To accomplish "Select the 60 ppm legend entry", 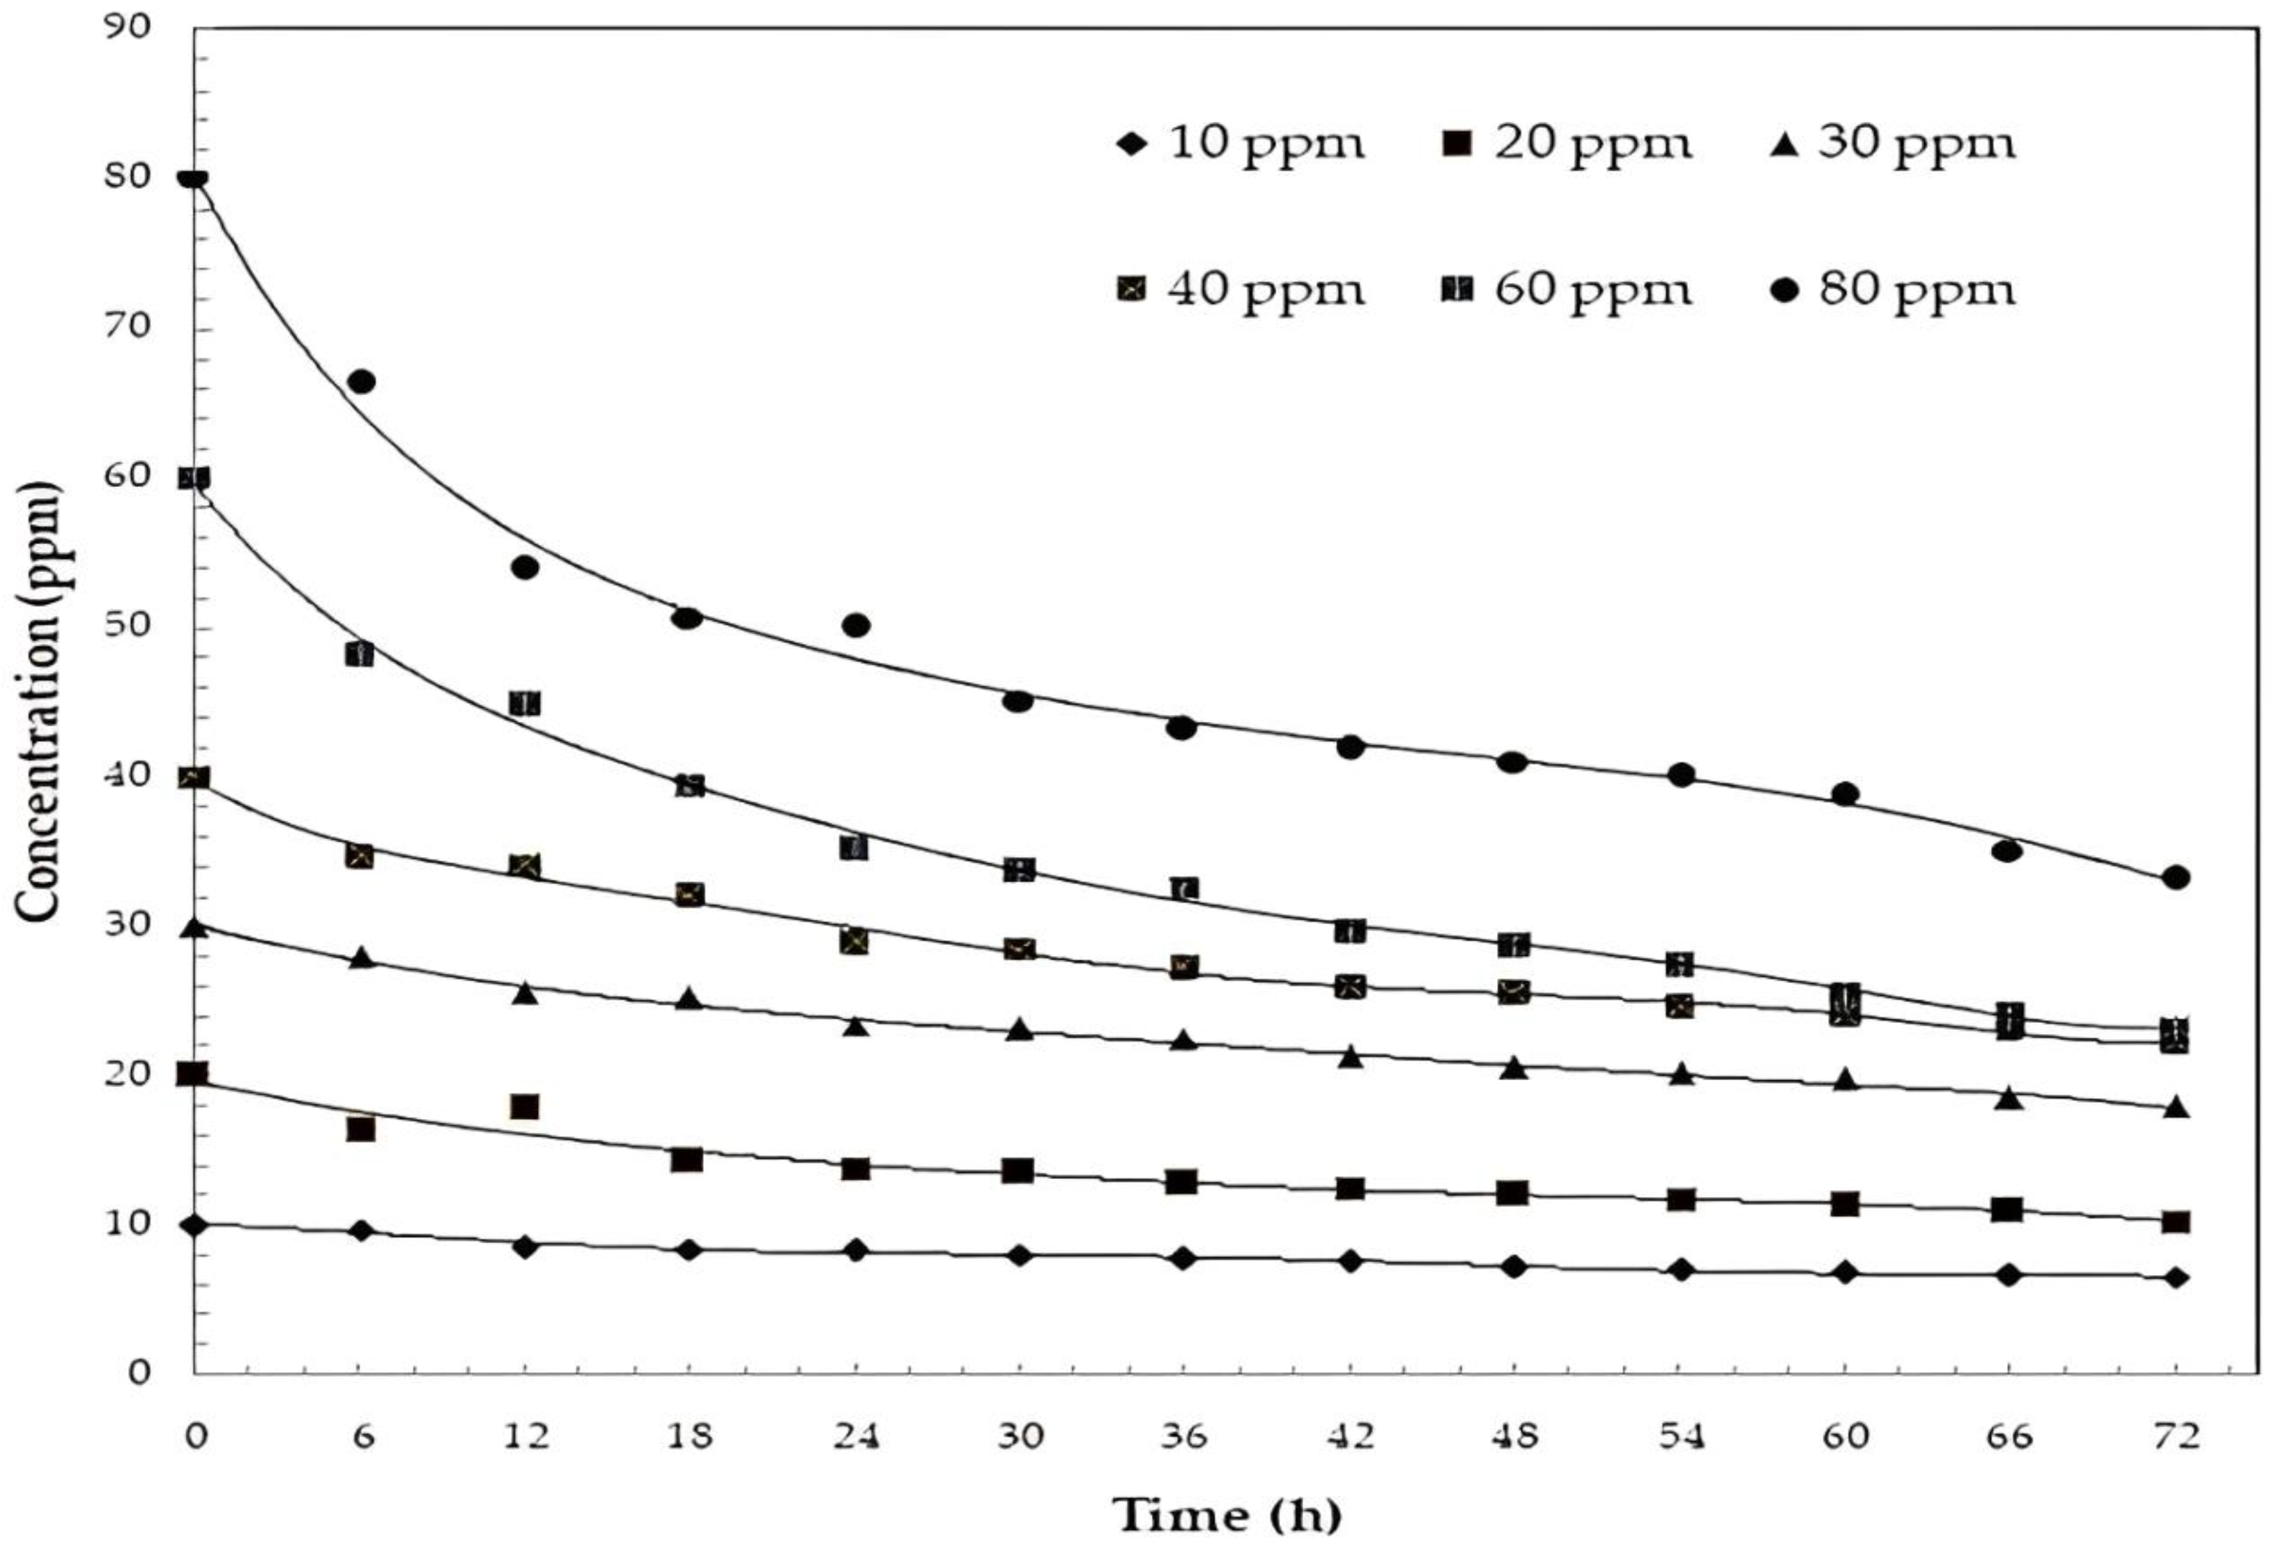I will click(1569, 290).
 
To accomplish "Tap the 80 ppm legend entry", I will click(1896, 290).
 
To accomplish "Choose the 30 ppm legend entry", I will click(1896, 144).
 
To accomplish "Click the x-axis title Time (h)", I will click(1227, 1515).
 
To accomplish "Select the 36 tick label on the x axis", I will click(1185, 1435).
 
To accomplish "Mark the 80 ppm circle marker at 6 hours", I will click(361, 382).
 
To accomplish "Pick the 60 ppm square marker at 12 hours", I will click(525, 704).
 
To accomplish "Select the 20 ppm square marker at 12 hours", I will click(525, 1107).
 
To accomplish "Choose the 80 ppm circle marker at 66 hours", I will click(2007, 851).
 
